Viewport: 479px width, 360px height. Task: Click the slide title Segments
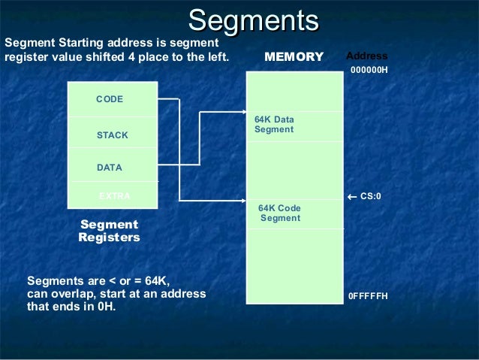click(253, 20)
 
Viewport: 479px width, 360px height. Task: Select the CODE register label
click(110, 100)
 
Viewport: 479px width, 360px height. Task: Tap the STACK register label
click(113, 135)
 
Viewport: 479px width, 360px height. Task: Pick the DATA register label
click(110, 168)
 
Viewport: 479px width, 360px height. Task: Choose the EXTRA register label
click(115, 196)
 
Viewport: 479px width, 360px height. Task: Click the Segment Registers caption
click(109, 231)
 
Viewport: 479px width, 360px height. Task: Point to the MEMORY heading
click(294, 57)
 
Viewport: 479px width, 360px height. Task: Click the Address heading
click(367, 56)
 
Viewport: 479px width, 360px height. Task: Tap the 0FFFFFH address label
click(368, 296)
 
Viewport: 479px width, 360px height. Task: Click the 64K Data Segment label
click(274, 125)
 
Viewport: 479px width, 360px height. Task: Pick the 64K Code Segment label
click(279, 213)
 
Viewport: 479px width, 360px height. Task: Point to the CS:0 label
click(371, 197)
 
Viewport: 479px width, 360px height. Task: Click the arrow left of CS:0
click(353, 197)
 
